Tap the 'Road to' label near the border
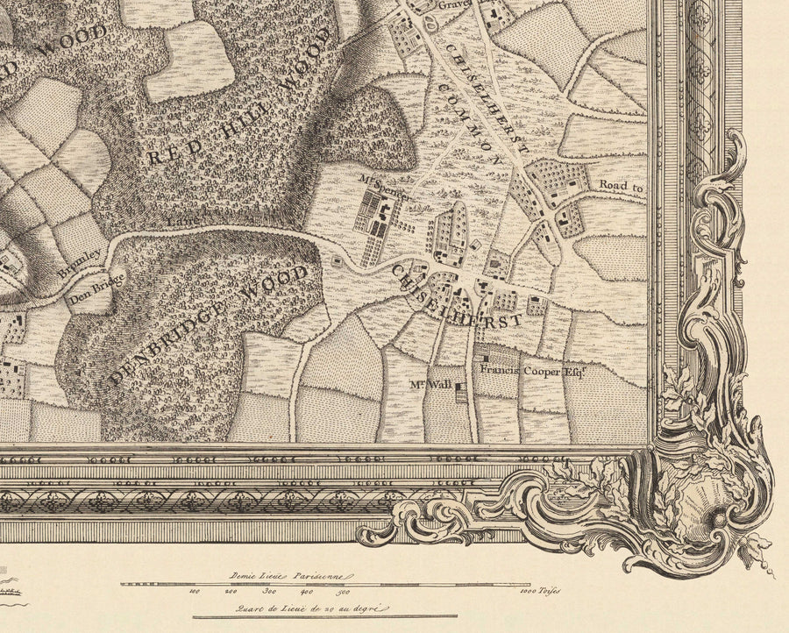coord(622,187)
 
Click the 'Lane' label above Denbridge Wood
coord(179,223)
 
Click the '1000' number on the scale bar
coord(521,592)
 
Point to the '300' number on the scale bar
coord(265,592)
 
